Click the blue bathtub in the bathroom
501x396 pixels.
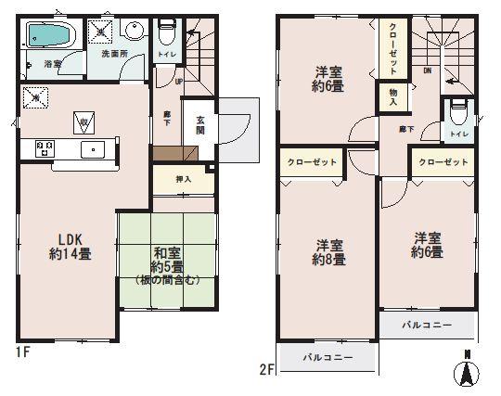(x=51, y=37)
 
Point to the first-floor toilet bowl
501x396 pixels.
(x=167, y=34)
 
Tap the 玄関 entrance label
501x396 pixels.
(x=199, y=125)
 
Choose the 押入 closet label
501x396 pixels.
(x=184, y=179)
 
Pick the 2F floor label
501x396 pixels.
(x=268, y=368)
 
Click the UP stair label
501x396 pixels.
(x=177, y=81)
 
